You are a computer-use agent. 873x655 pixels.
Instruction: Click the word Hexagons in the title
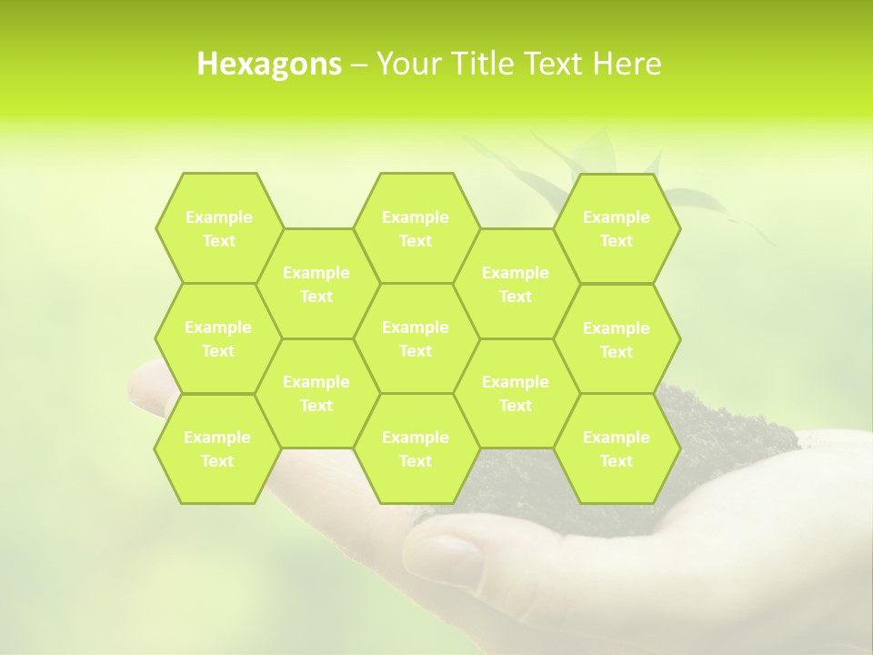tap(269, 64)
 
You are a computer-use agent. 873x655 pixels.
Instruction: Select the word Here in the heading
tap(627, 64)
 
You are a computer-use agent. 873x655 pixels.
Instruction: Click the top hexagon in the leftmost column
tap(218, 228)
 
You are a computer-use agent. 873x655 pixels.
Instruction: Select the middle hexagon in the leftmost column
tap(218, 338)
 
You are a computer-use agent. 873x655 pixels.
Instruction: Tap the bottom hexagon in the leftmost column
tap(217, 448)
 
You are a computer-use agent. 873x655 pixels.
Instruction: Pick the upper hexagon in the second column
tap(316, 284)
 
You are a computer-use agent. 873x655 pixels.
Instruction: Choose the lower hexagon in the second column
tap(316, 393)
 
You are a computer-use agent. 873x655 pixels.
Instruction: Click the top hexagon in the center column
tap(416, 228)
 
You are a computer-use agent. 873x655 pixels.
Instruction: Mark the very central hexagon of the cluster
tap(416, 338)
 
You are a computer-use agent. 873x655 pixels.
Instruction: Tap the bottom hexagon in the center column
tap(416, 448)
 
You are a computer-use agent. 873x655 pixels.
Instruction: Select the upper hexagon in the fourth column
tap(516, 284)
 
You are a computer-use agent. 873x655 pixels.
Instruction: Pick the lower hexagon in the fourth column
tap(516, 393)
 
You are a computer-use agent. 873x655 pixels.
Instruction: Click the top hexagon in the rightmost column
tap(617, 228)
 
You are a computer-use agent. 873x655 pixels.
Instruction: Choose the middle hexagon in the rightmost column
tap(617, 339)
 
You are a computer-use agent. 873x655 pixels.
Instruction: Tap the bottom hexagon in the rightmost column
tap(617, 448)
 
